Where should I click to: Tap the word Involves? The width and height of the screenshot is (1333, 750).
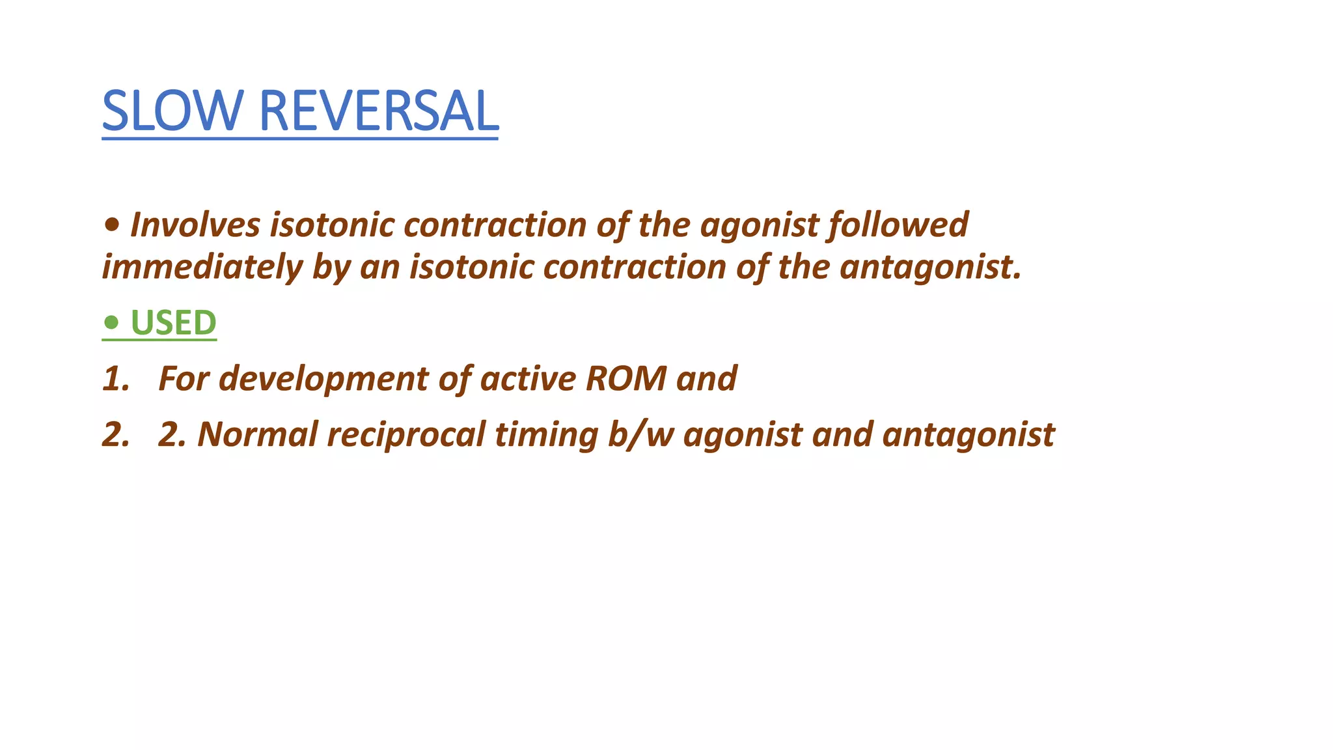tap(195, 225)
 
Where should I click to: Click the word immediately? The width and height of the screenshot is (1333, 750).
tap(202, 267)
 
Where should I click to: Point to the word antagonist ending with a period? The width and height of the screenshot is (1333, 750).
tap(931, 267)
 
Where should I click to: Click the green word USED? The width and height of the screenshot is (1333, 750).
tap(173, 323)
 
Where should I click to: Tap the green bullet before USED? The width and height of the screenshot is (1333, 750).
tap(111, 322)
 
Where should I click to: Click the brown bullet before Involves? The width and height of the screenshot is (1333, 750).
tap(111, 225)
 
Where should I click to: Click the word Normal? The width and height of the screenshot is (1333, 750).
tap(258, 435)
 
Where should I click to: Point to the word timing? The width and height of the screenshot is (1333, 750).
tap(546, 435)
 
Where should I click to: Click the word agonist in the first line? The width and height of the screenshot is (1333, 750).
tap(759, 225)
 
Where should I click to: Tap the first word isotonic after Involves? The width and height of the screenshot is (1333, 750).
tap(332, 225)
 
